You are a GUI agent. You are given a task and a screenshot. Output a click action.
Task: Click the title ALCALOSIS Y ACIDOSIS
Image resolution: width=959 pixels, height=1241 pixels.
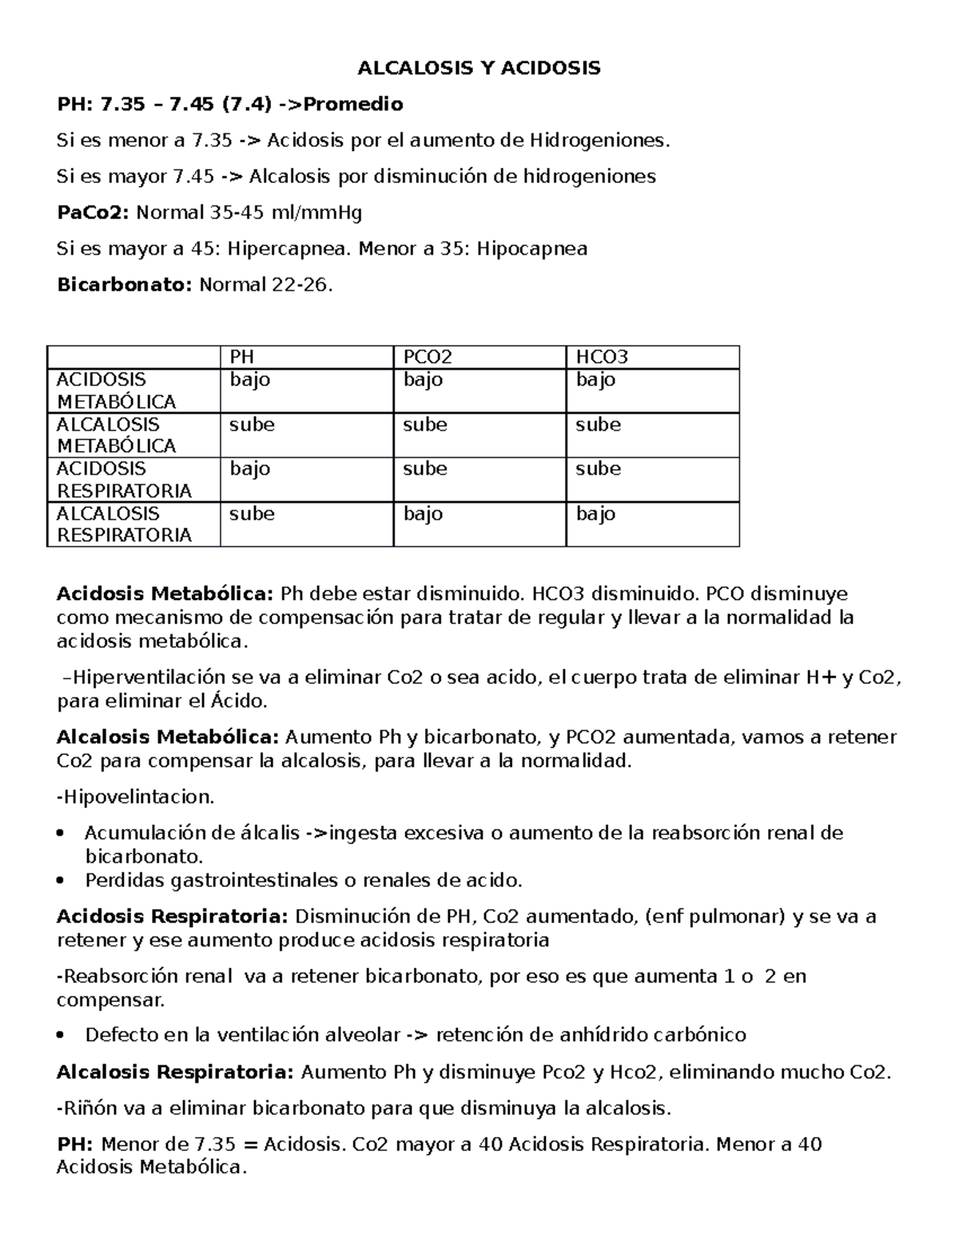tap(479, 68)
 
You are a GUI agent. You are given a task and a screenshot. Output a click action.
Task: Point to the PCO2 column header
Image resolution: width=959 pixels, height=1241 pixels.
tap(422, 357)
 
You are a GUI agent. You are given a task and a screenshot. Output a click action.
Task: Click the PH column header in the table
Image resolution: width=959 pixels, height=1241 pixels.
tap(242, 357)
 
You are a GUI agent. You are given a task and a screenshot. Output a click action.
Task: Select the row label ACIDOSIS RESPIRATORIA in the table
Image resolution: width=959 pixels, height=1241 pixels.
tap(124, 479)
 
